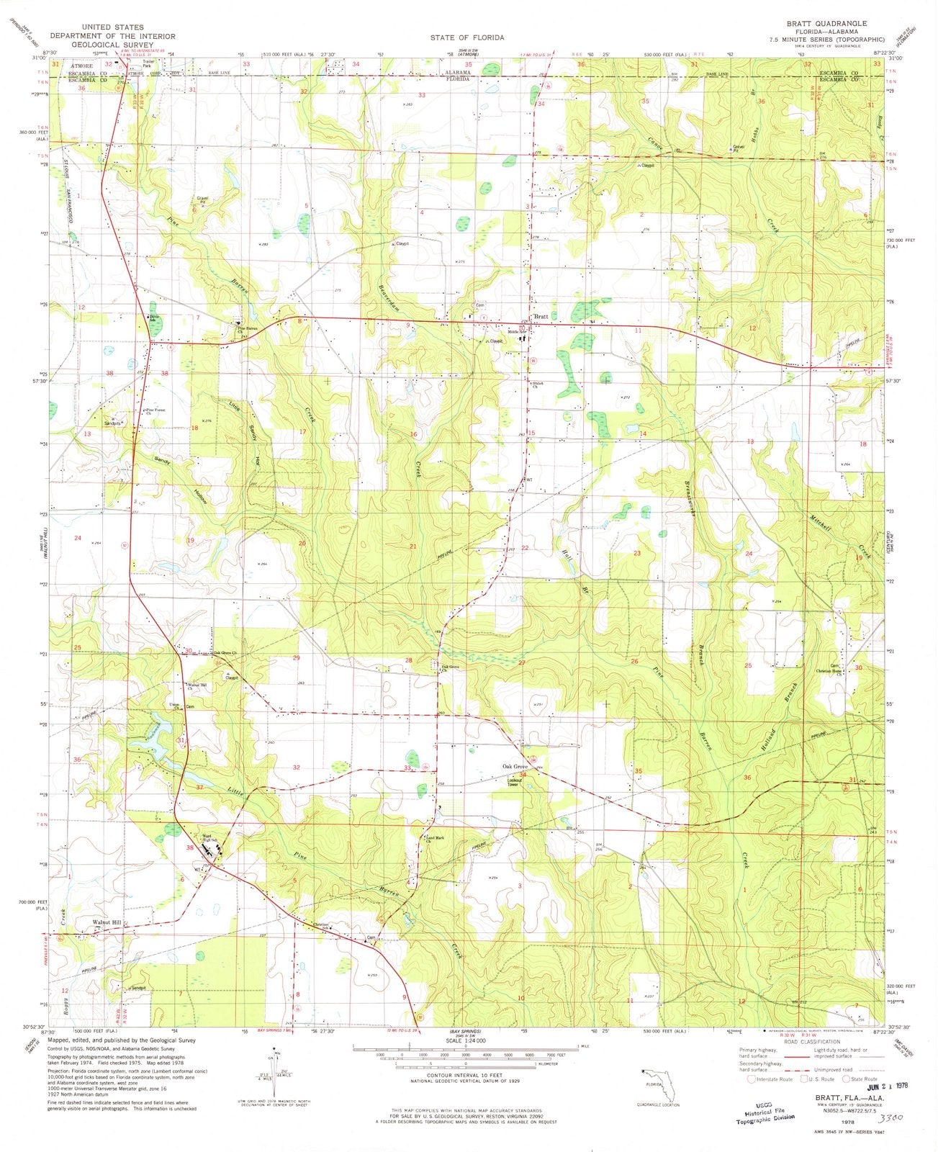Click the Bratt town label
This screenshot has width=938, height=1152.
pos(541,318)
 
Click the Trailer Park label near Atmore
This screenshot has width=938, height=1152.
pos(150,63)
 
